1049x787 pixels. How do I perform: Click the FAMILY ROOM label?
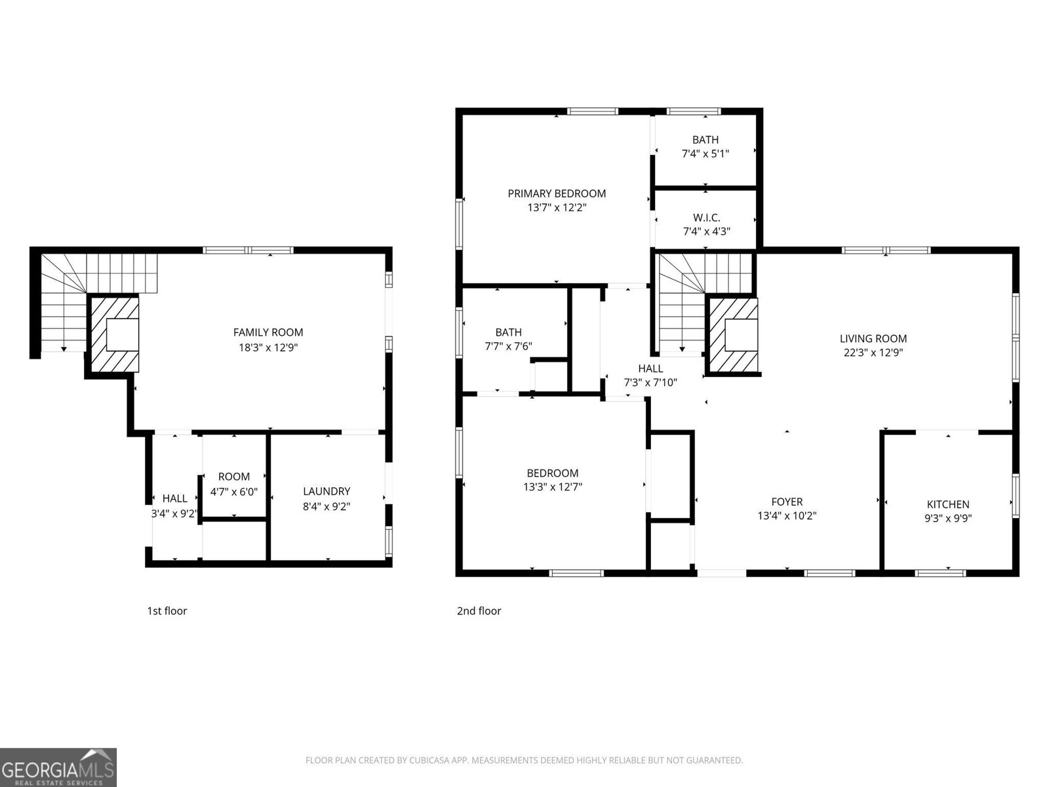[268, 333]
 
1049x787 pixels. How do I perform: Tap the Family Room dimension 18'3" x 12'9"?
[268, 348]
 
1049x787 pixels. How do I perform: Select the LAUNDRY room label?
[327, 491]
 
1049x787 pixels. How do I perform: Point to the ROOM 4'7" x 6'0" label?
[234, 477]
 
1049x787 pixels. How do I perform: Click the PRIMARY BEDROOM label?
[557, 193]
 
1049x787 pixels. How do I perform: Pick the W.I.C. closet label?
[706, 218]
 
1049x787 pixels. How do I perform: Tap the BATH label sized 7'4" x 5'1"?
[705, 140]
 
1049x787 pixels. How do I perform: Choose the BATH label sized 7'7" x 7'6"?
[508, 333]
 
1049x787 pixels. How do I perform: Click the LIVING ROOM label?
[873, 338]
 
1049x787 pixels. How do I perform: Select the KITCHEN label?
[947, 504]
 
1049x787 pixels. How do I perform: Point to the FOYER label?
[787, 502]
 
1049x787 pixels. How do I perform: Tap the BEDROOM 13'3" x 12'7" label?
[553, 473]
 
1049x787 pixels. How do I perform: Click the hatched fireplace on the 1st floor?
[113, 334]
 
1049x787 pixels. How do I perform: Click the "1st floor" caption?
[167, 611]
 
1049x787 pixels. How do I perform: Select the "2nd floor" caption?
[479, 611]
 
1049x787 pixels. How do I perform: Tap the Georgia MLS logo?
[58, 767]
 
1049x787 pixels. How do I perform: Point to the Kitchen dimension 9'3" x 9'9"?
[947, 518]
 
